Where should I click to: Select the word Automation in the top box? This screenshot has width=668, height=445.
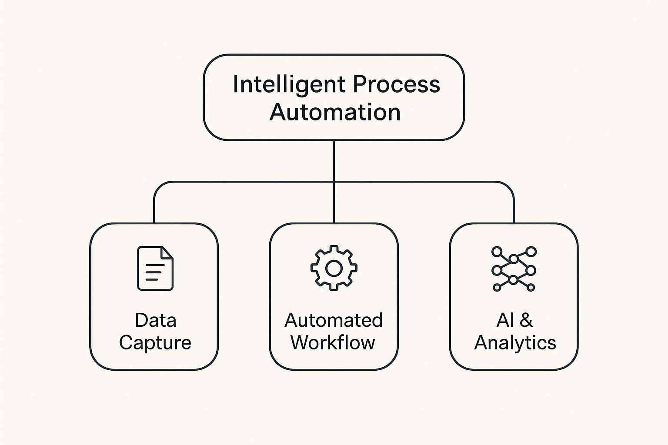tap(334, 112)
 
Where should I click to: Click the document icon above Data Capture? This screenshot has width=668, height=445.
tap(155, 268)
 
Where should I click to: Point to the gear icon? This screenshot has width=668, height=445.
tap(334, 268)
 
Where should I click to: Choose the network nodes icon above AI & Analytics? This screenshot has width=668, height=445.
tap(514, 269)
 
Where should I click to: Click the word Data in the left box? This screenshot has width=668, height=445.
tap(155, 320)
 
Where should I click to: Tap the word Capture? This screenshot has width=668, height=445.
tap(155, 343)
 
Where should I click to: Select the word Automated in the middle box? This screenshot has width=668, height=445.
tap(334, 320)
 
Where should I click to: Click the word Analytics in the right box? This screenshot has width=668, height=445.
tap(515, 343)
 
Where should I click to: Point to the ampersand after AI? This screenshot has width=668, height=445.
tap(526, 320)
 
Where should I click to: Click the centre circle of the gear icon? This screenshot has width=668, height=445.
tap(334, 269)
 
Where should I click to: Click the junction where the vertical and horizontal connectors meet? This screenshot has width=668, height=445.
tap(334, 182)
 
